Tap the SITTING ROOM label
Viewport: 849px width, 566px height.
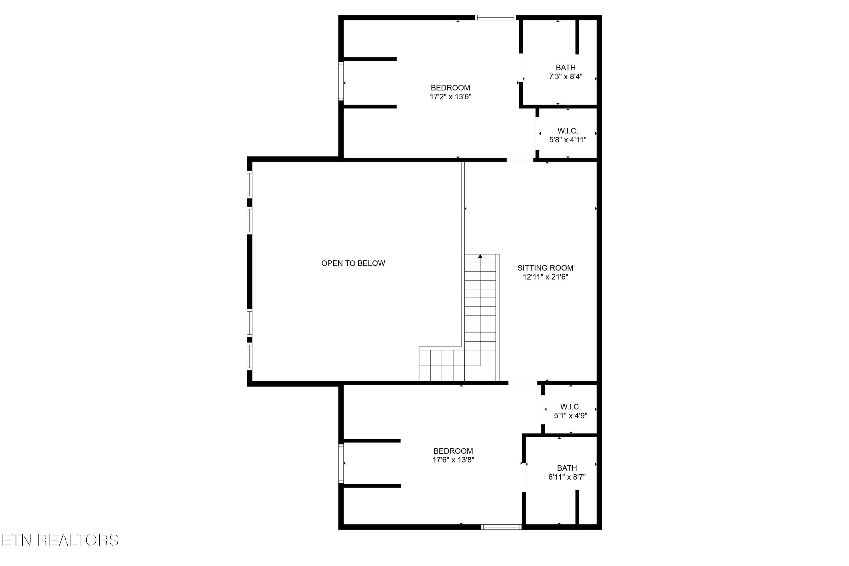tap(545, 268)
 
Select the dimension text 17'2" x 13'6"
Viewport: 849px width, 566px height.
tap(451, 97)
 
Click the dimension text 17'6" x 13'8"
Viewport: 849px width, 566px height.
tap(453, 460)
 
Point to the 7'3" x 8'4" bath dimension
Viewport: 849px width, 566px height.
tap(566, 76)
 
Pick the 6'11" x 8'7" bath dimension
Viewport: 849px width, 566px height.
tap(567, 477)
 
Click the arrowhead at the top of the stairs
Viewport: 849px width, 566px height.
tap(480, 256)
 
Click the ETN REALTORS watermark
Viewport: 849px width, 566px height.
tap(60, 540)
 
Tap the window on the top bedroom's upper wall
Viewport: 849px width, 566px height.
tap(495, 17)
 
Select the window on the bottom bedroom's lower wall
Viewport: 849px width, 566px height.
tap(501, 527)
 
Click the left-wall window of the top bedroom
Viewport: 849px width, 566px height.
tap(341, 81)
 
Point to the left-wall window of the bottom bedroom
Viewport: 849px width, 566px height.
tap(341, 464)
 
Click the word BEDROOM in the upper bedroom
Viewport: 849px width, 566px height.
tap(451, 88)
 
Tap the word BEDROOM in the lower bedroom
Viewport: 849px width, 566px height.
tap(453, 451)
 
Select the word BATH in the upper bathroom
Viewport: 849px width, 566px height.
tap(566, 68)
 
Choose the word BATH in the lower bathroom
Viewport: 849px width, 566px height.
tap(567, 468)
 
